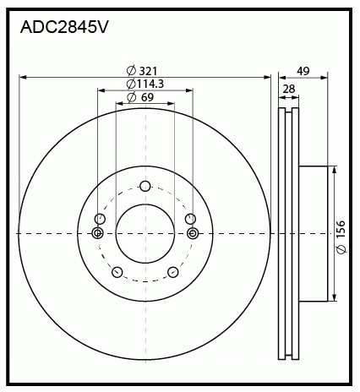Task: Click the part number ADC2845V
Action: (64, 27)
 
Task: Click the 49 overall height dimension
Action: (303, 71)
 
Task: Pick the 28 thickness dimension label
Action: (289, 89)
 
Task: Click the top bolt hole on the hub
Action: (145, 186)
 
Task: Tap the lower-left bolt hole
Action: (117, 272)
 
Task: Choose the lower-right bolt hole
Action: (173, 272)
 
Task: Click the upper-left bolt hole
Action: (100, 219)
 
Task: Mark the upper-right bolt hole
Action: (190, 219)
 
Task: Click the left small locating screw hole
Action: (97, 233)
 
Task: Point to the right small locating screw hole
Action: (193, 233)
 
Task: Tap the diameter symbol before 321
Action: (131, 71)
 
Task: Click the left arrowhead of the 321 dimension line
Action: (23, 77)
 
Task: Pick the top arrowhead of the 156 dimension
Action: (334, 170)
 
